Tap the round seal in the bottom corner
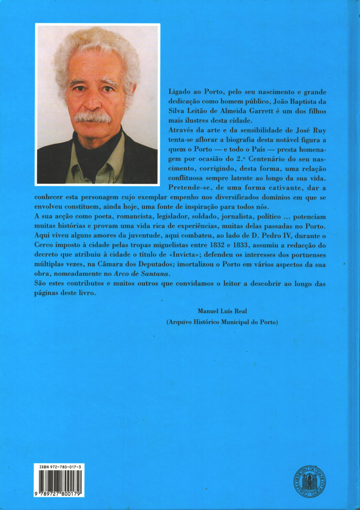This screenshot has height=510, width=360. click(310, 481)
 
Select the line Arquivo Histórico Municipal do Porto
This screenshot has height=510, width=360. click(222, 322)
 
